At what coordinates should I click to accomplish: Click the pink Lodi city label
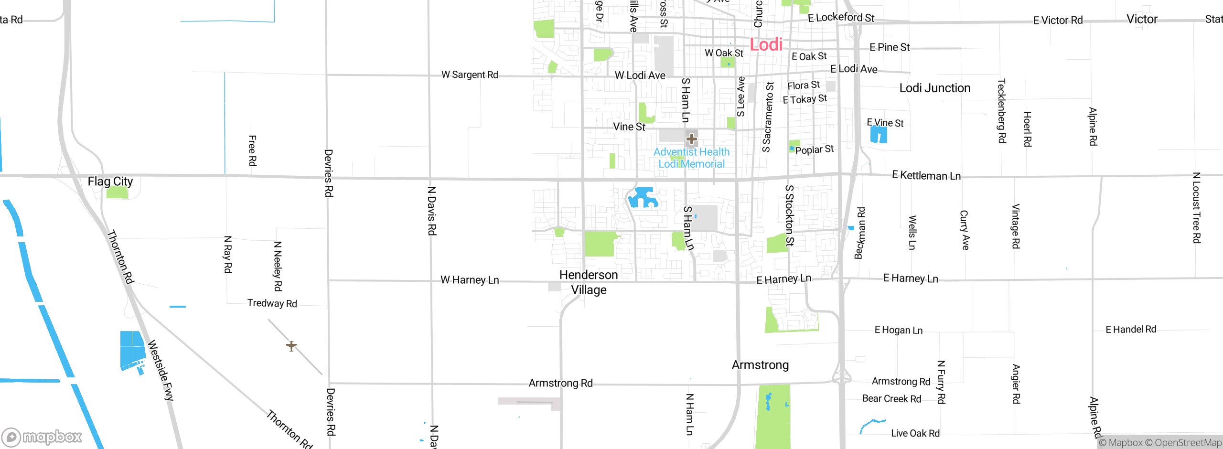pyautogui.click(x=766, y=44)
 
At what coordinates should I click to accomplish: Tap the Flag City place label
pyautogui.click(x=110, y=182)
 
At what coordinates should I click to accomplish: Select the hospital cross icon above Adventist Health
pyautogui.click(x=691, y=139)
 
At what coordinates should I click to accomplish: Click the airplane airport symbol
pyautogui.click(x=291, y=345)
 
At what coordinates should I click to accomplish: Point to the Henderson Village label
pyautogui.click(x=589, y=282)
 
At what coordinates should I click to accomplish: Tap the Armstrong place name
pyautogui.click(x=760, y=365)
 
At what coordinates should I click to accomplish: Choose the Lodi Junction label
pyautogui.click(x=934, y=88)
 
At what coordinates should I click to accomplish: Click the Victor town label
pyautogui.click(x=1142, y=19)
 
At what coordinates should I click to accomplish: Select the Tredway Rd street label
pyautogui.click(x=272, y=303)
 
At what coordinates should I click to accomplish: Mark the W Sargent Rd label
pyautogui.click(x=470, y=75)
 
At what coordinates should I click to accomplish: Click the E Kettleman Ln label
pyautogui.click(x=926, y=175)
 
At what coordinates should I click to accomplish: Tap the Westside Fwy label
pyautogui.click(x=161, y=370)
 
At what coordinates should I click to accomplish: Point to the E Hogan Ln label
pyautogui.click(x=898, y=330)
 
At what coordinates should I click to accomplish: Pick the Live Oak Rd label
pyautogui.click(x=915, y=433)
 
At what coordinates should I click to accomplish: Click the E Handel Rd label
pyautogui.click(x=1131, y=329)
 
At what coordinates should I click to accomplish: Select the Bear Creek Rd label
pyautogui.click(x=891, y=399)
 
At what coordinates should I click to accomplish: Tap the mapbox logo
pyautogui.click(x=42, y=437)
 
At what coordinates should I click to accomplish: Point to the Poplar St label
pyautogui.click(x=814, y=150)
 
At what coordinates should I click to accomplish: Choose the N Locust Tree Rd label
pyautogui.click(x=1196, y=208)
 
